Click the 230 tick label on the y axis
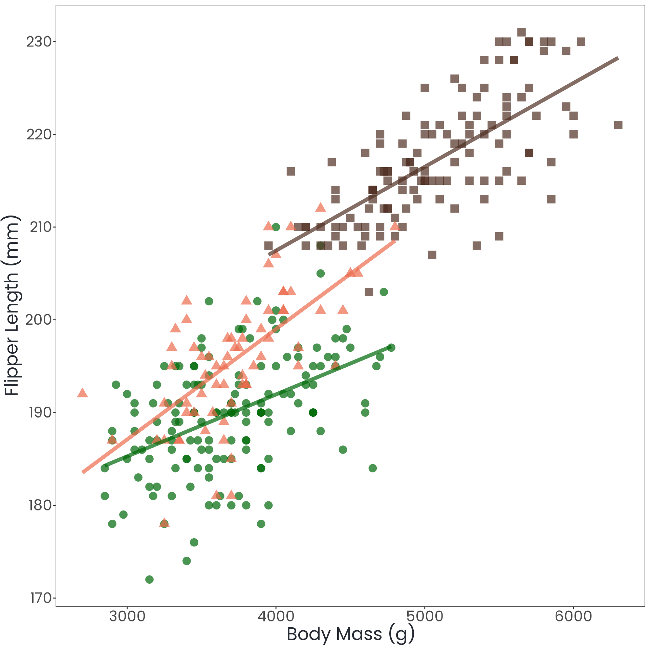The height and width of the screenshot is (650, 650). [x=39, y=42]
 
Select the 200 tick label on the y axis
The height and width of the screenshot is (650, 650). [x=39, y=320]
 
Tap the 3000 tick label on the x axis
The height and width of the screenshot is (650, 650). [x=127, y=616]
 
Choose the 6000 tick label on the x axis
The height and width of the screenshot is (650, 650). [x=573, y=616]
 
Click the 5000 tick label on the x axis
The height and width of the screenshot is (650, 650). [x=425, y=616]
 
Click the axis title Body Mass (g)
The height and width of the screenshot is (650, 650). [x=350, y=634]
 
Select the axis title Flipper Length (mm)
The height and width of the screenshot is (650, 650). [x=12, y=305]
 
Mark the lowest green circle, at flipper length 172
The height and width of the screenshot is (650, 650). [x=149, y=580]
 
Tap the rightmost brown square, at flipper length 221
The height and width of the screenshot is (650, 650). [x=618, y=125]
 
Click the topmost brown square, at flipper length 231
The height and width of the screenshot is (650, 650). [x=521, y=32]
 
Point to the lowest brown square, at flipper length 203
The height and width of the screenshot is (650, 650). [x=369, y=292]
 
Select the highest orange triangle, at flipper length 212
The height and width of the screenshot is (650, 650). [x=320, y=208]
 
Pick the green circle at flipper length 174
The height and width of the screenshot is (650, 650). [x=187, y=561]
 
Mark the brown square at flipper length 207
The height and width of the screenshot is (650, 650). [x=432, y=255]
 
